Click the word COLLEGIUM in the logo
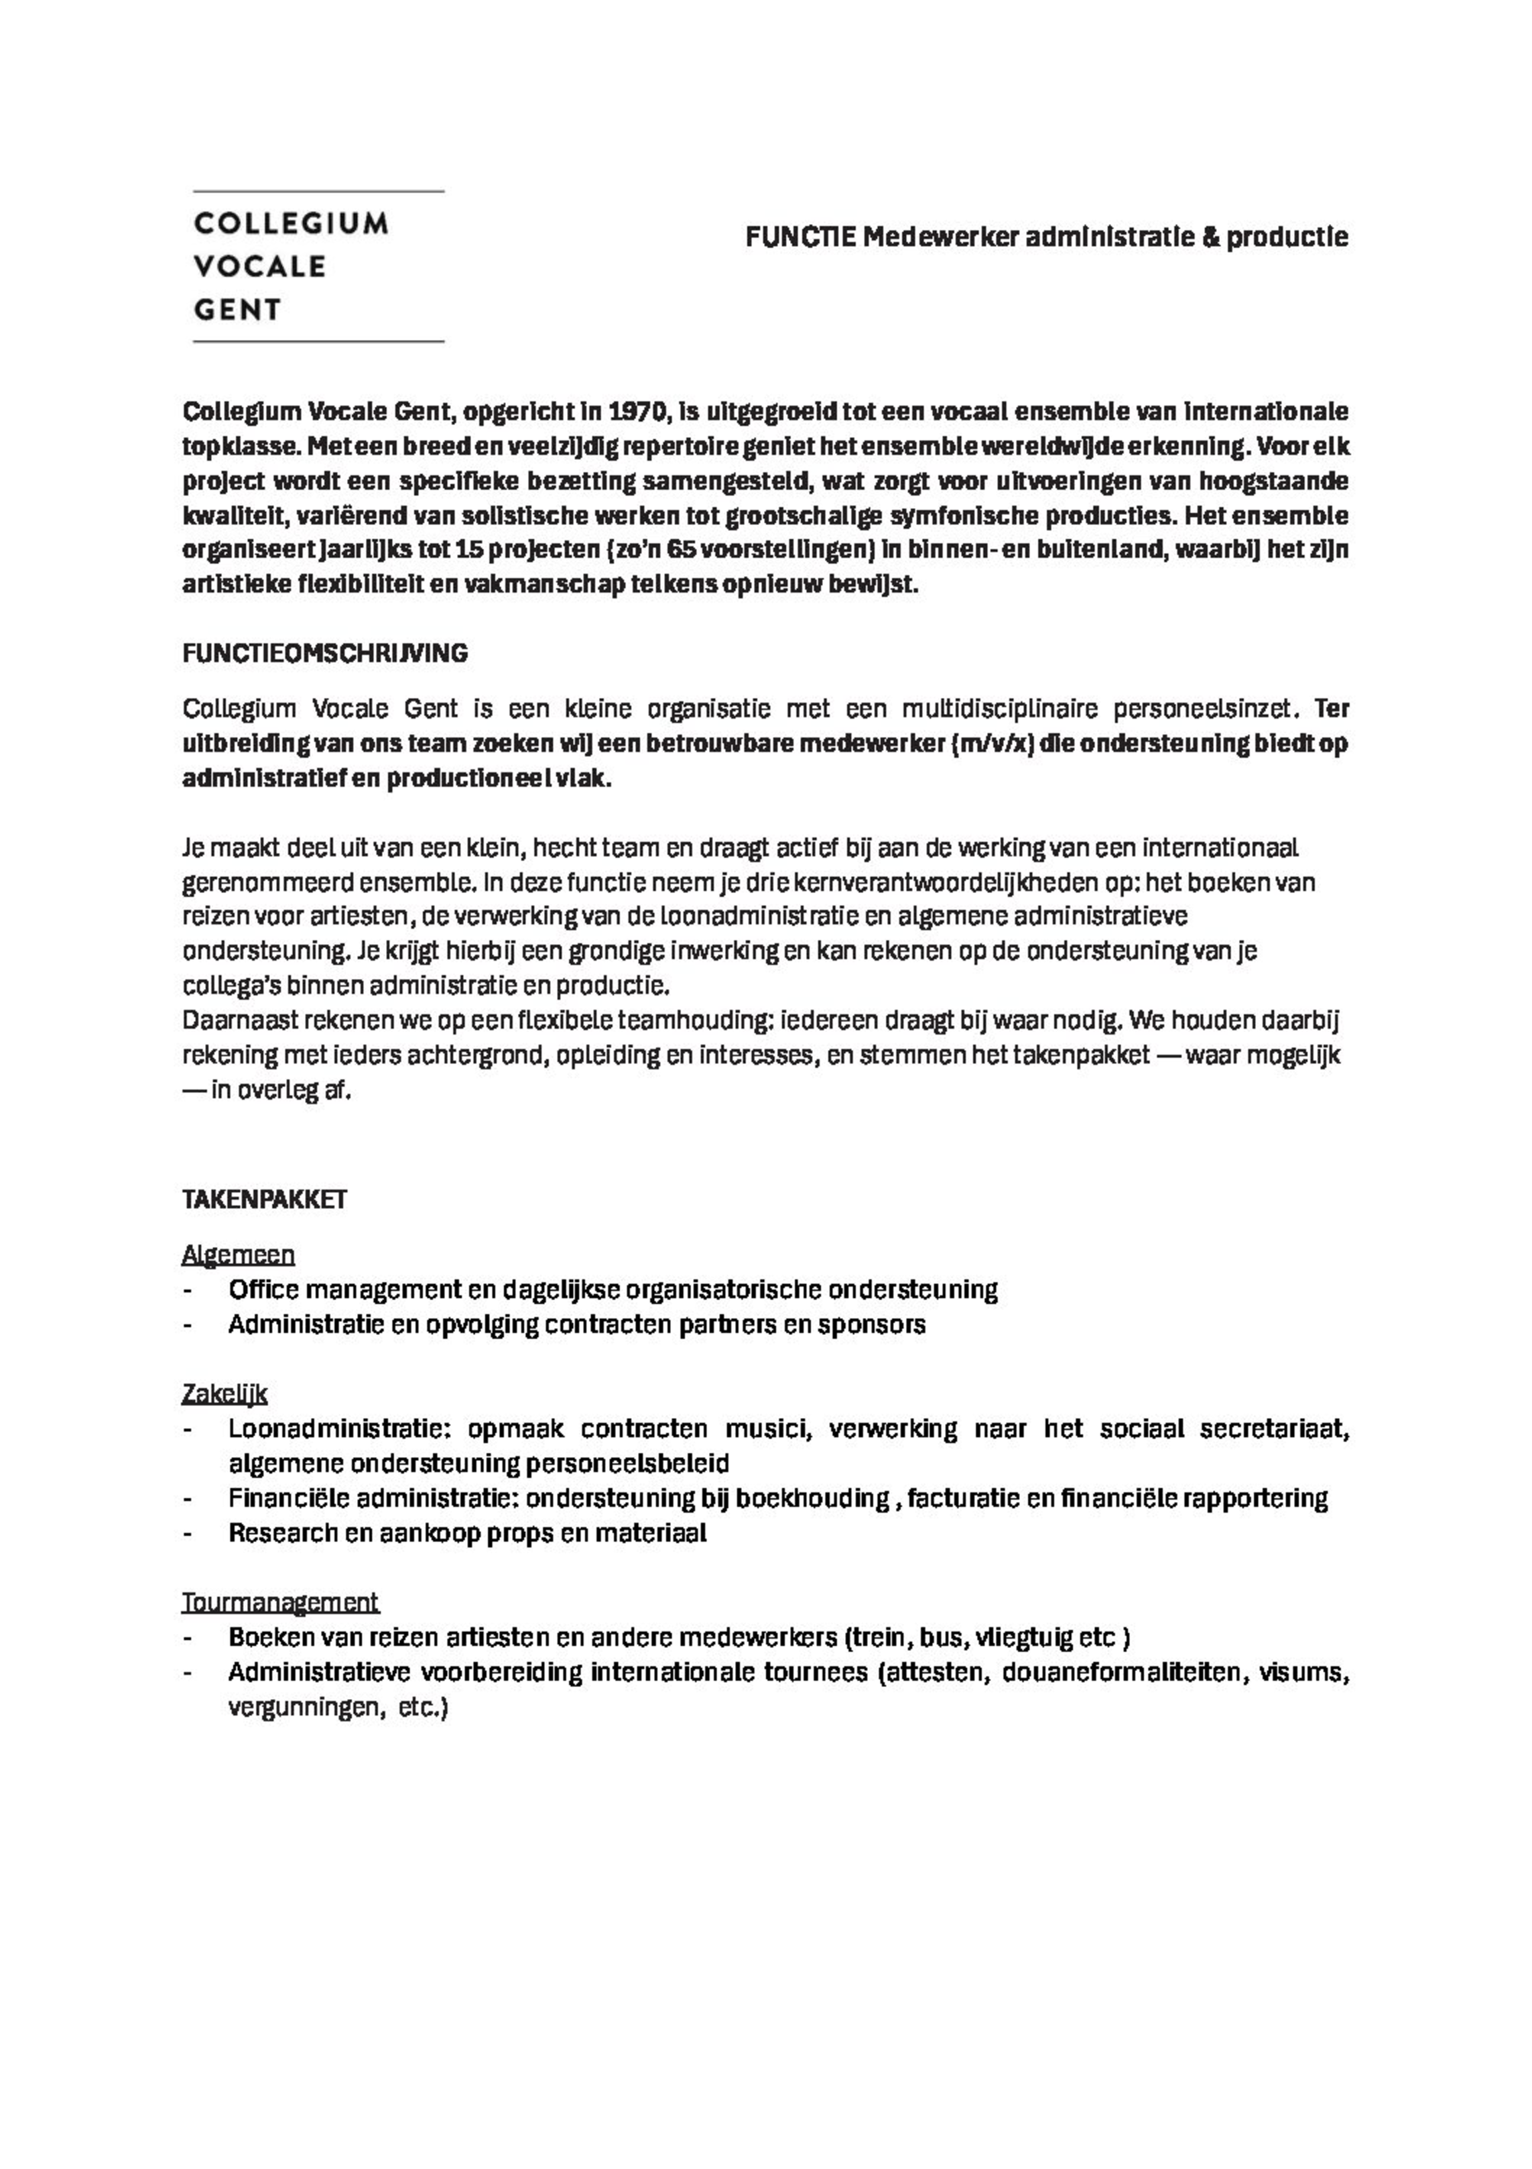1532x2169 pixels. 291,224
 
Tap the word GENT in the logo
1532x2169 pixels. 237,310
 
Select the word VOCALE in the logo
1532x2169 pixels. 260,268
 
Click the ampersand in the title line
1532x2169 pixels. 1209,237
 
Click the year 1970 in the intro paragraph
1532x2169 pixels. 639,413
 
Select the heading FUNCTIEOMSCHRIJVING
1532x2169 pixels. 325,653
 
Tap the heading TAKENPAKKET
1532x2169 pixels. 265,1199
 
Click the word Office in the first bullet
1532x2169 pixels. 263,1289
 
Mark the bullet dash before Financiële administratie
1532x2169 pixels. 189,1499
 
